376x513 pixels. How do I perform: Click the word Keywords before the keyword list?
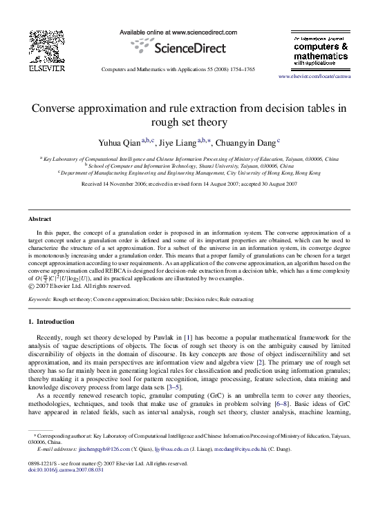click(39, 300)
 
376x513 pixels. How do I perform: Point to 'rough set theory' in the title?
click(188, 123)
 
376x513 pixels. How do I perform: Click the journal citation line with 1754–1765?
click(178, 70)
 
